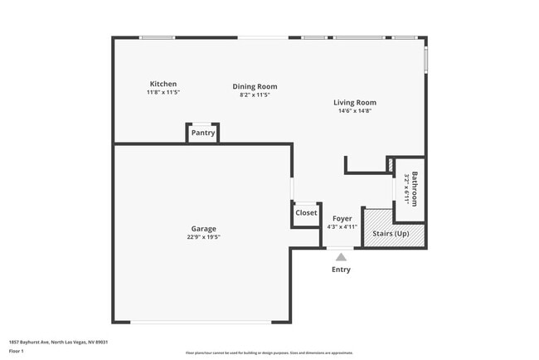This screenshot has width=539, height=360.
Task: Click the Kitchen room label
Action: coord(163,84)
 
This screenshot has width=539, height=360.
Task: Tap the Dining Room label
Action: coord(255,86)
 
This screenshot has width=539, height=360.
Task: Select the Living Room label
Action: coord(355,103)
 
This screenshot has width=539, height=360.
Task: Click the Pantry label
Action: coord(203,133)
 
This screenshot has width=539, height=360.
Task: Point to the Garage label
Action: coord(203,228)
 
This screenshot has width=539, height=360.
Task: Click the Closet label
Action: coord(306,212)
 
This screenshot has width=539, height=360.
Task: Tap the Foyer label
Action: coord(342,218)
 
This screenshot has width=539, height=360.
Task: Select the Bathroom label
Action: coord(415,188)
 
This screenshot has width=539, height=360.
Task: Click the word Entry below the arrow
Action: coord(341,270)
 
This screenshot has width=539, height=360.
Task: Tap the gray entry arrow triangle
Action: coord(341,257)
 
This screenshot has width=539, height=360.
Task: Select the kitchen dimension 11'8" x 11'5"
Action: coord(163,92)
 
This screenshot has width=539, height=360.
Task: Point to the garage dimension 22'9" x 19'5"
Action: coord(203,236)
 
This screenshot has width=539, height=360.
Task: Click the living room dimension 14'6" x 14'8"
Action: coord(355,111)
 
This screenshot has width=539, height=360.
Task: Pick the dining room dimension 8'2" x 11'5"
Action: coord(255,95)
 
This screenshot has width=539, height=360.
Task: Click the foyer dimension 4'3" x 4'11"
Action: coord(342,226)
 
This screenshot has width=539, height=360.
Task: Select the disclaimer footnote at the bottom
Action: coord(269,353)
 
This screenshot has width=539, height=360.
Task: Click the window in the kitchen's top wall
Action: coord(157,37)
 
